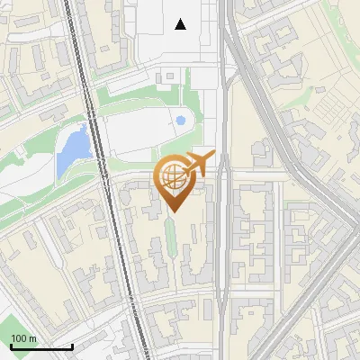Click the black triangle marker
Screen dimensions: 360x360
[x=181, y=24]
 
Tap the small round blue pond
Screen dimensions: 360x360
[x=181, y=120]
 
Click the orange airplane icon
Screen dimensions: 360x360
[x=199, y=164]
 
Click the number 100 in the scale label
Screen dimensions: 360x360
[x=19, y=338]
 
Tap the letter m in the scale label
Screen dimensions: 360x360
[x=32, y=338]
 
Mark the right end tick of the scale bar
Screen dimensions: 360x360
[x=72, y=346]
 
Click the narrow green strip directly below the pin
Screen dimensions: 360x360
[x=172, y=236]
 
